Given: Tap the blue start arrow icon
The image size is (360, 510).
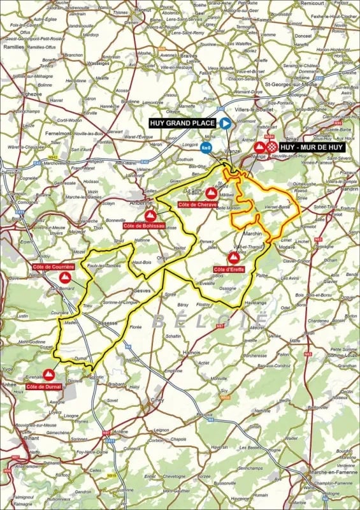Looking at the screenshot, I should pos(225,123).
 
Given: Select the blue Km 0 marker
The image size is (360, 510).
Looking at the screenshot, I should pos(205,148).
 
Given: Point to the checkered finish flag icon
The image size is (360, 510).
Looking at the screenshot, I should pos(271,147).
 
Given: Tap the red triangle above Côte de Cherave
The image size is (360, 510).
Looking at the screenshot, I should pos(210,192).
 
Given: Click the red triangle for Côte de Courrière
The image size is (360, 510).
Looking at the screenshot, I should pos(64,277).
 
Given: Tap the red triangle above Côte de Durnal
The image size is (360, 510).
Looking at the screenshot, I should pos(48,374).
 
